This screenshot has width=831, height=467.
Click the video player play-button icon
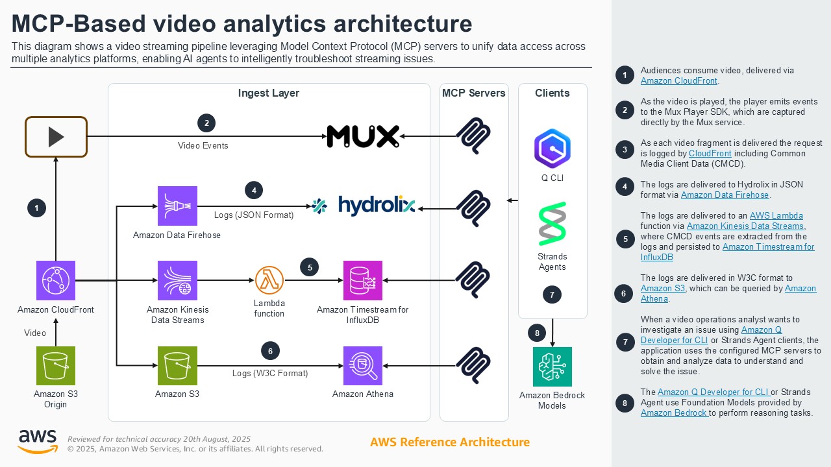pyautogui.click(x=56, y=137)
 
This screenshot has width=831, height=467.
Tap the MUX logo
pyautogui.click(x=362, y=136)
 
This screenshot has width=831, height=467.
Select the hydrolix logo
pyautogui.click(x=364, y=206)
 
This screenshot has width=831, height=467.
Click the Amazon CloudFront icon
pyautogui.click(x=56, y=280)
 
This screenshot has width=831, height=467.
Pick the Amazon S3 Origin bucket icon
pyautogui.click(x=56, y=366)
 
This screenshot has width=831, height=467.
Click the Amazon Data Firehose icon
pyautogui.click(x=177, y=206)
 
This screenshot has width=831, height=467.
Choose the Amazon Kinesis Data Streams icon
pyautogui.click(x=177, y=280)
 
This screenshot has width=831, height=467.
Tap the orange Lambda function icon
pyautogui.click(x=269, y=280)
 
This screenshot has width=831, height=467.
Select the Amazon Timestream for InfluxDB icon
pyautogui.click(x=363, y=280)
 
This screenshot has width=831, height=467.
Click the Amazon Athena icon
pyautogui.click(x=363, y=366)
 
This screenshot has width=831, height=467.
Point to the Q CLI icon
pyautogui.click(x=552, y=149)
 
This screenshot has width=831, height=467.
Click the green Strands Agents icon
pyautogui.click(x=552, y=224)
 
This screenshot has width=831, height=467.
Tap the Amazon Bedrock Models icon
pyautogui.click(x=552, y=366)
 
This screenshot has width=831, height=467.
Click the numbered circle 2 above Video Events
pyautogui.click(x=206, y=123)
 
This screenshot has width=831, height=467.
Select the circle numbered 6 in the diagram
pyautogui.click(x=270, y=351)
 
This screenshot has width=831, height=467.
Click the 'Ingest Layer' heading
pyautogui.click(x=269, y=93)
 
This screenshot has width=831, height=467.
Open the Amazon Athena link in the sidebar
pyautogui.click(x=654, y=299)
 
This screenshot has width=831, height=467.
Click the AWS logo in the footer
pyautogui.click(x=37, y=441)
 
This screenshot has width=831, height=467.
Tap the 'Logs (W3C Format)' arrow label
pyautogui.click(x=270, y=373)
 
